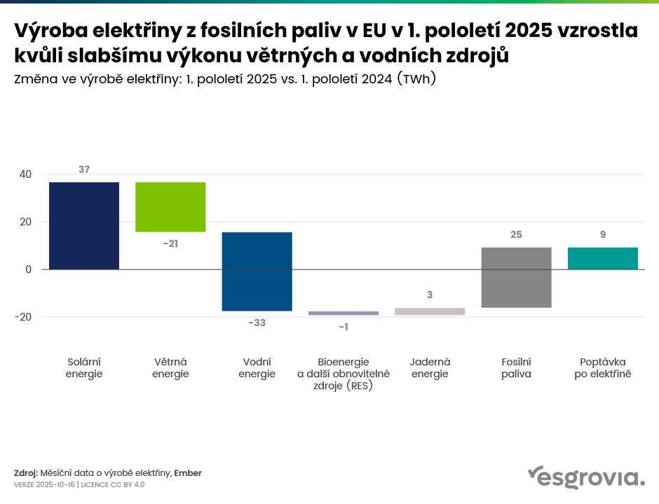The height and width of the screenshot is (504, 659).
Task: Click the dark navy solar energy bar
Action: point(84,225)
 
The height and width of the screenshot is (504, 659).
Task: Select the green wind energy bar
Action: point(170,206)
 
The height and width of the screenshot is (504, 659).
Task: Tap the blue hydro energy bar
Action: point(257,271)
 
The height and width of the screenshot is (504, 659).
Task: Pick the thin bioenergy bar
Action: point(344,313)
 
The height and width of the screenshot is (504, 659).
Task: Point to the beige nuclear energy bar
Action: point(430,311)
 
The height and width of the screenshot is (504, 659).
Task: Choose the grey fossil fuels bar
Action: point(517,277)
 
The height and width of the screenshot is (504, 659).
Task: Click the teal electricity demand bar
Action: point(603,258)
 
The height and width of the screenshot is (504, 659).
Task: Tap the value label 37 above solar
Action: point(84,169)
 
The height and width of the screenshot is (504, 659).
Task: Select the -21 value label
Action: point(170,243)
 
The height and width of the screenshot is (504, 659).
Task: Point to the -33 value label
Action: point(257,323)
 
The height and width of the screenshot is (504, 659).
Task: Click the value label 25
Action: point(517,234)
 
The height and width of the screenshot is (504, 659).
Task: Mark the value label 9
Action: point(603,234)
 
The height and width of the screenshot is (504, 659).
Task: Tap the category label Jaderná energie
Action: point(430,367)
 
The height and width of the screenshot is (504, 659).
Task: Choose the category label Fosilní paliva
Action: point(517,367)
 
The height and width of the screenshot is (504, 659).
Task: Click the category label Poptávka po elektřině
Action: point(603,367)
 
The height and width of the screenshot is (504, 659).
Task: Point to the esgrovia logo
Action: point(585,477)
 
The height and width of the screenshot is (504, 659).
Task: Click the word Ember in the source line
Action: point(188,473)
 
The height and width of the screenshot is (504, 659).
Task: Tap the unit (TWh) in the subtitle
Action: point(417,79)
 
